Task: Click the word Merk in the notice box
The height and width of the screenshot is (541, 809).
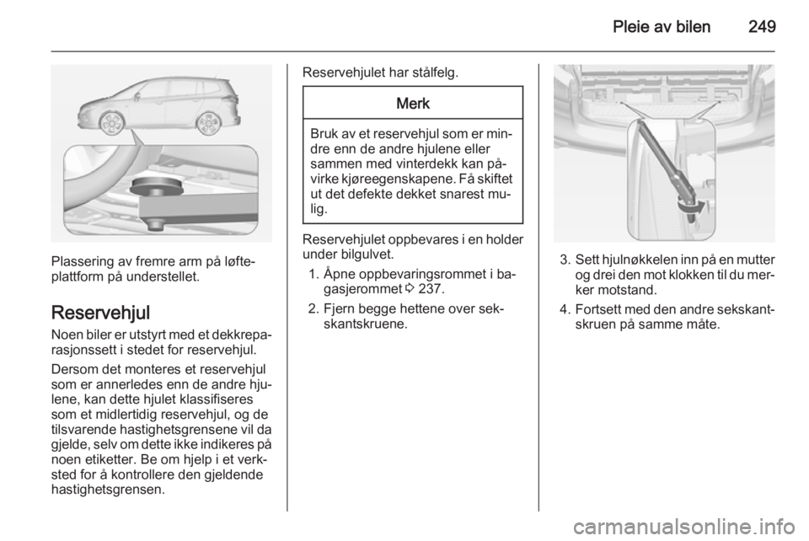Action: (x=412, y=104)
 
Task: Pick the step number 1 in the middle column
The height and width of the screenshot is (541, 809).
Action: (x=313, y=274)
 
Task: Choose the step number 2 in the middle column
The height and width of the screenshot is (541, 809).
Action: (x=313, y=308)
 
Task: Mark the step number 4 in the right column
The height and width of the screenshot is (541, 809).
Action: (x=563, y=308)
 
